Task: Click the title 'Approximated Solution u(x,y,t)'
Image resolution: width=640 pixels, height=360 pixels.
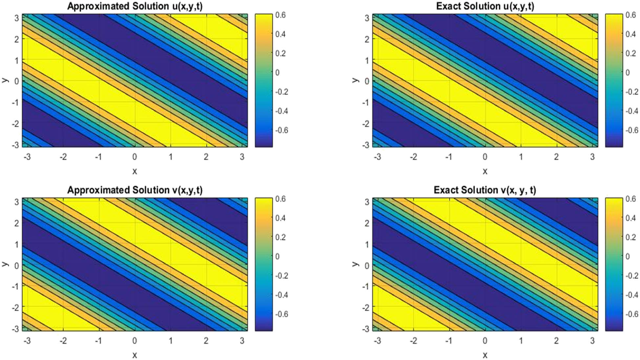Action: click(x=135, y=6)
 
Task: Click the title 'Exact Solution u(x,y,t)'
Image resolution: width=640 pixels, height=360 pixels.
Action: click(x=485, y=6)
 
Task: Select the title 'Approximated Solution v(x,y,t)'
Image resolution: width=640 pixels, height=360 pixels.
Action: click(x=135, y=190)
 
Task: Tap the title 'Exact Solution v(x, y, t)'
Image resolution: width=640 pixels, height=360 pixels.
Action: click(x=485, y=190)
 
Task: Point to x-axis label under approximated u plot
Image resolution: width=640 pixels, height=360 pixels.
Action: click(x=135, y=171)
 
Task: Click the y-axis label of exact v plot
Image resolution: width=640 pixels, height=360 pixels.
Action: click(x=354, y=264)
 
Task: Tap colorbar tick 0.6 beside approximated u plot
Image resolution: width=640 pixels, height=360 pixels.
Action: click(x=281, y=15)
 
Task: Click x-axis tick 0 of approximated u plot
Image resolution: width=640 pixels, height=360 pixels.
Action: click(x=135, y=157)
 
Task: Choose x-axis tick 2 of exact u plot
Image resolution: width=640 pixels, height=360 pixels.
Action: click(x=556, y=157)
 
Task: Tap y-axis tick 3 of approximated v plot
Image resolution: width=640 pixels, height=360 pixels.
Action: click(x=16, y=202)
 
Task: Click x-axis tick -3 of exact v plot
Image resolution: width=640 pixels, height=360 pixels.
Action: click(x=377, y=341)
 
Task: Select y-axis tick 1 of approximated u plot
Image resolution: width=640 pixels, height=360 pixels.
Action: click(x=16, y=60)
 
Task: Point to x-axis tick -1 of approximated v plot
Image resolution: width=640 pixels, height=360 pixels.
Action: click(x=98, y=341)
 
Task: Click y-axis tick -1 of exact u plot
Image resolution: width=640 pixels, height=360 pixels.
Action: click(x=365, y=102)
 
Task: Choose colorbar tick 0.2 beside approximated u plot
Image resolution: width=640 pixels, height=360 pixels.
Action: click(x=281, y=53)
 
